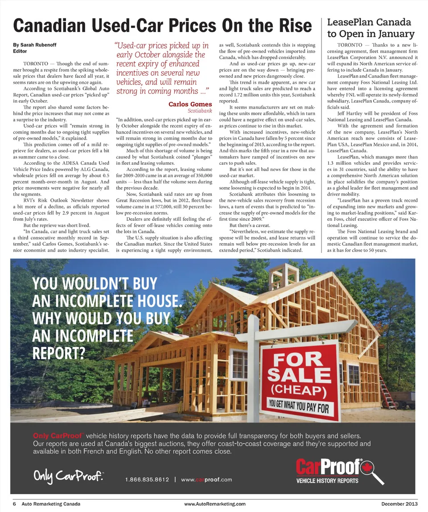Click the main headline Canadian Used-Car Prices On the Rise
(x=163, y=25)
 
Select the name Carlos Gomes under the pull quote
(x=190, y=104)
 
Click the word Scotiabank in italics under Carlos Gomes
(x=200, y=110)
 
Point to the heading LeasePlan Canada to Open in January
(x=370, y=28)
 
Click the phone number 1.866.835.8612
(x=147, y=479)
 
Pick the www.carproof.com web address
(x=207, y=479)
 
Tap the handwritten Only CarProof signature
(x=69, y=477)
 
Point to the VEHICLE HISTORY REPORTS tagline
(x=327, y=481)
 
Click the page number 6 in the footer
(x=15, y=504)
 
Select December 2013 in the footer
(x=399, y=504)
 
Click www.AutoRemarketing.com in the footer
(x=214, y=504)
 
